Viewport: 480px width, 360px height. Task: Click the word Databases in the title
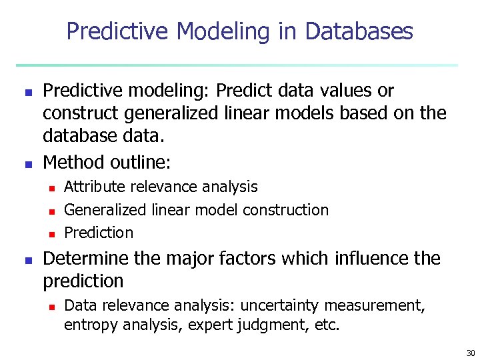(359, 31)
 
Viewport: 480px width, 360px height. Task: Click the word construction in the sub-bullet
(285, 210)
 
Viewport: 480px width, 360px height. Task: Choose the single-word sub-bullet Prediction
(99, 233)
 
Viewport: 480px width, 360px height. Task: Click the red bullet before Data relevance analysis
(51, 307)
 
